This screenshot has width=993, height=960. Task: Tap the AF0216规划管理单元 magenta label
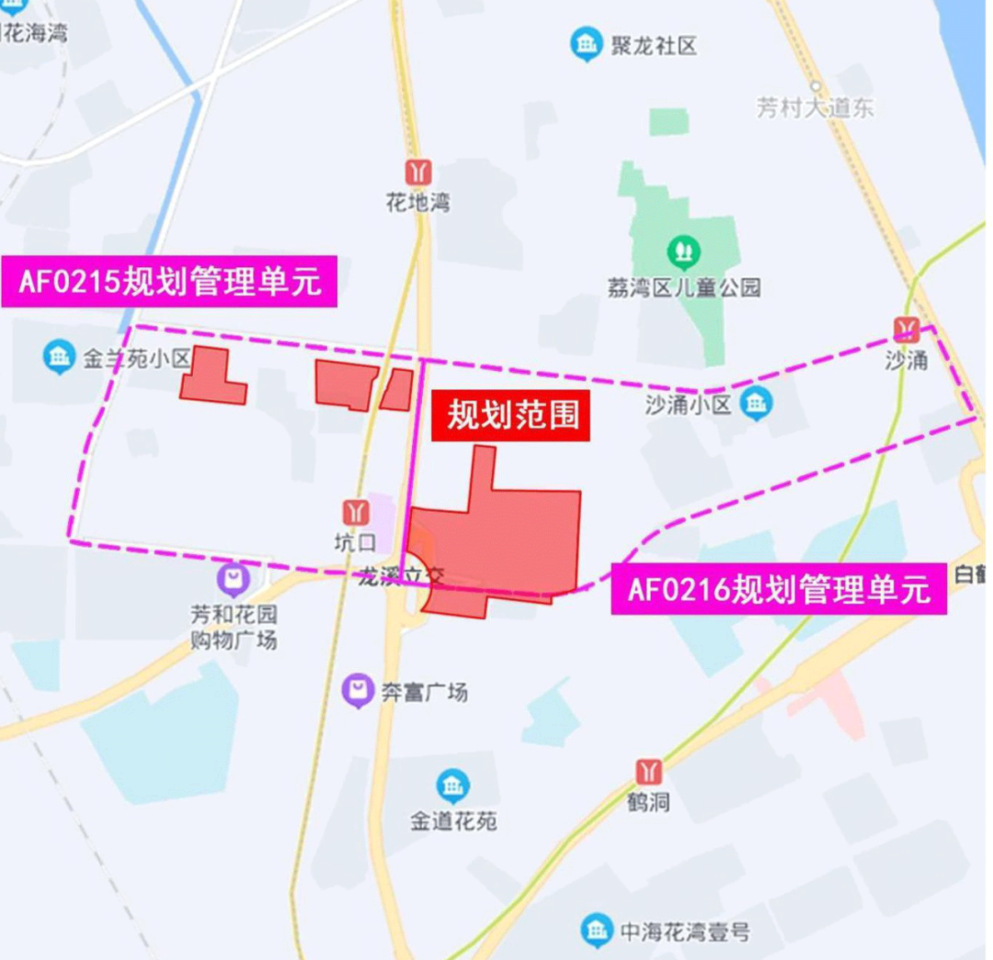click(x=779, y=588)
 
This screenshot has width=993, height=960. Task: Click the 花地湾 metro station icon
click(x=419, y=172)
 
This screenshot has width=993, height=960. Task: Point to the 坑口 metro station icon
click(x=355, y=513)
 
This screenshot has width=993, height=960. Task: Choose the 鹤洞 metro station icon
click(x=649, y=771)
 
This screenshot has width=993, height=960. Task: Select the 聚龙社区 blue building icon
click(x=586, y=44)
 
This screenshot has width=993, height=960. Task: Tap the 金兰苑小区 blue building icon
click(x=59, y=356)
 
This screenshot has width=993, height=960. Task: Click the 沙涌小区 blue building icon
click(x=756, y=402)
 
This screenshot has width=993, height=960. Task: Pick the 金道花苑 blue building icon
click(x=452, y=785)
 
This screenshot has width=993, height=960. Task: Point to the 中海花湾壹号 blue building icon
click(x=597, y=932)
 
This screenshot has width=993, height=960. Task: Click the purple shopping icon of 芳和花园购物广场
click(x=234, y=580)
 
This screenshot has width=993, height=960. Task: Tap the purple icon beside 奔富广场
click(x=358, y=691)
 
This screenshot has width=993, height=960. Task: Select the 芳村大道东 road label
click(x=815, y=107)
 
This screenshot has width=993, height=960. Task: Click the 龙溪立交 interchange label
click(x=401, y=577)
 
